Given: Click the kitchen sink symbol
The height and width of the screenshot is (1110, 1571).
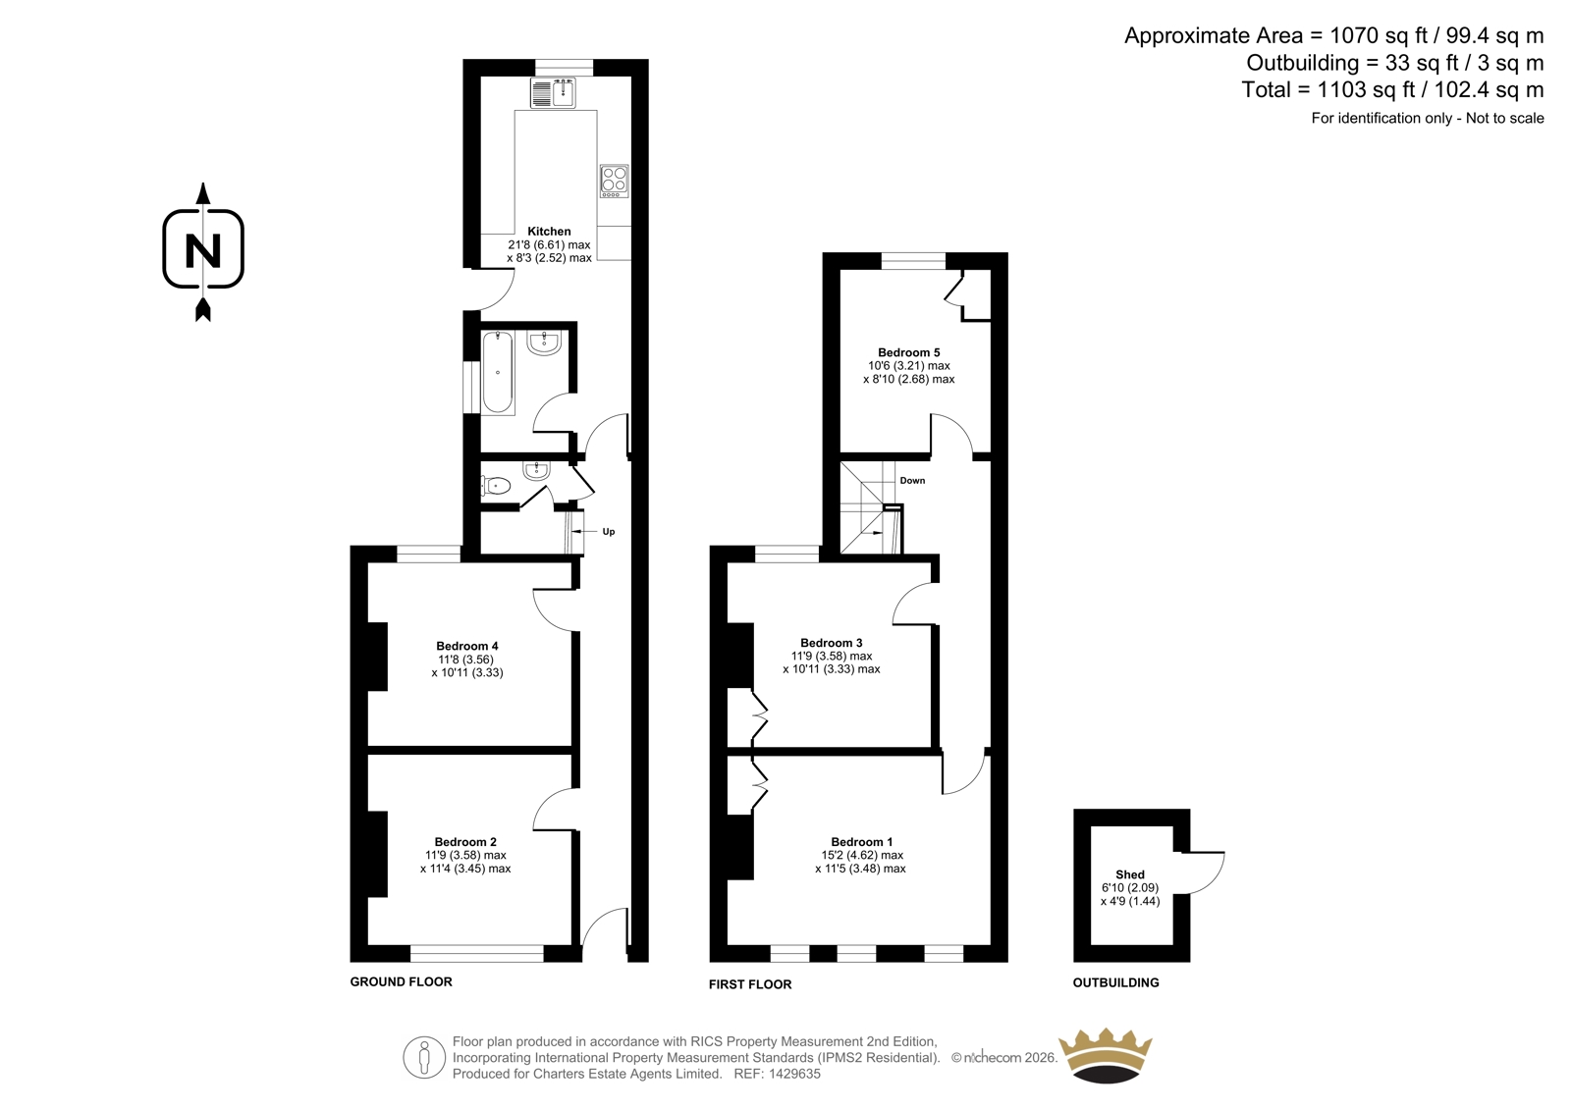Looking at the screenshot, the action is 554,94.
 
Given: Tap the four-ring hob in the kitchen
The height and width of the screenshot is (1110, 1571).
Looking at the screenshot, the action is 615,181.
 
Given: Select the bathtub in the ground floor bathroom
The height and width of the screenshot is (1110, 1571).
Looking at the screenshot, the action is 498,372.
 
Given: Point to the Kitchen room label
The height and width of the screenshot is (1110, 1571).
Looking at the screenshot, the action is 549,232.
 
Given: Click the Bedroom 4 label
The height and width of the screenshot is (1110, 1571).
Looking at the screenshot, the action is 467,646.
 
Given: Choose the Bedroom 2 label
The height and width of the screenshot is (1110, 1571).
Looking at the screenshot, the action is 465,841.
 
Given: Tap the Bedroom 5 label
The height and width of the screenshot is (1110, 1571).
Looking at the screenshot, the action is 909,352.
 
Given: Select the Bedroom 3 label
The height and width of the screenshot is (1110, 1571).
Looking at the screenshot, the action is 832,643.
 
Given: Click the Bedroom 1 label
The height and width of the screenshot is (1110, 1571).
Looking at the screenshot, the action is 862,841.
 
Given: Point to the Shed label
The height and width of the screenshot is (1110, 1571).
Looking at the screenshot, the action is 1130,874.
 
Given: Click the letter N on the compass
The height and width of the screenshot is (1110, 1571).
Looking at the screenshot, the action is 203,250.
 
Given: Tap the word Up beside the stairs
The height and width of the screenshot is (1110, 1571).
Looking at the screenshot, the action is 609,532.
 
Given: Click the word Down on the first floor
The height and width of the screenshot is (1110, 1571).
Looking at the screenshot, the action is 912,480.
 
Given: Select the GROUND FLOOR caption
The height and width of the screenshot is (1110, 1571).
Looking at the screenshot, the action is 402,981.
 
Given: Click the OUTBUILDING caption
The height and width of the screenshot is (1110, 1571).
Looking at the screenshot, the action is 1115,982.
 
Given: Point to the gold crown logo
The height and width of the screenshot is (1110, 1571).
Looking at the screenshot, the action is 1106,1055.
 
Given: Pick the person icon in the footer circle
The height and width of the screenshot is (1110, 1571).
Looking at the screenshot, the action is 423,1057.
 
